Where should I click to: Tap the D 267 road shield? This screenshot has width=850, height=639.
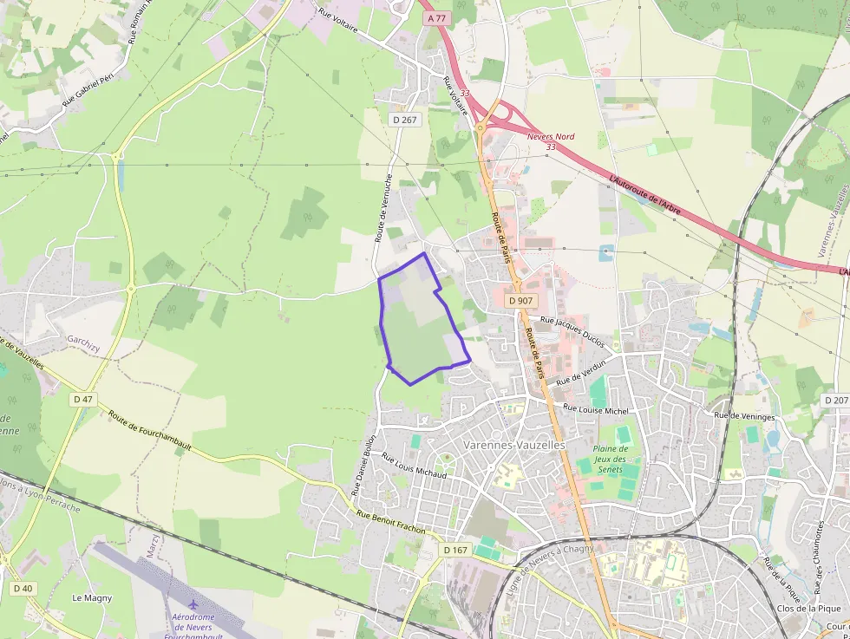click(405, 121)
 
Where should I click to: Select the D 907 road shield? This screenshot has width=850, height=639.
click(521, 300)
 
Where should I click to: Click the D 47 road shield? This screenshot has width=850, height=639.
click(83, 399)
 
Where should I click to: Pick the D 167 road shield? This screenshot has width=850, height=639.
click(455, 550)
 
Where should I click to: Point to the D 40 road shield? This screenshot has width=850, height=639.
click(23, 588)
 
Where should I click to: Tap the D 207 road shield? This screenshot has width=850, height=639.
click(835, 400)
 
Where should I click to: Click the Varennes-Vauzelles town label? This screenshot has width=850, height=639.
click(514, 445)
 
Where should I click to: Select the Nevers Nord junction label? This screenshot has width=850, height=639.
click(551, 141)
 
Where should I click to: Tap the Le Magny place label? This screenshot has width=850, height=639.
click(91, 597)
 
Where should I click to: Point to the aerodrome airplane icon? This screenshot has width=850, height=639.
click(193, 603)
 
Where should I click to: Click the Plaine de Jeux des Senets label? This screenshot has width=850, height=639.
click(611, 459)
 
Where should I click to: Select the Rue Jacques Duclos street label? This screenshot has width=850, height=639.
click(572, 332)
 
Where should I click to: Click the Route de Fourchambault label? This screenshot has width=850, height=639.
click(150, 431)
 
